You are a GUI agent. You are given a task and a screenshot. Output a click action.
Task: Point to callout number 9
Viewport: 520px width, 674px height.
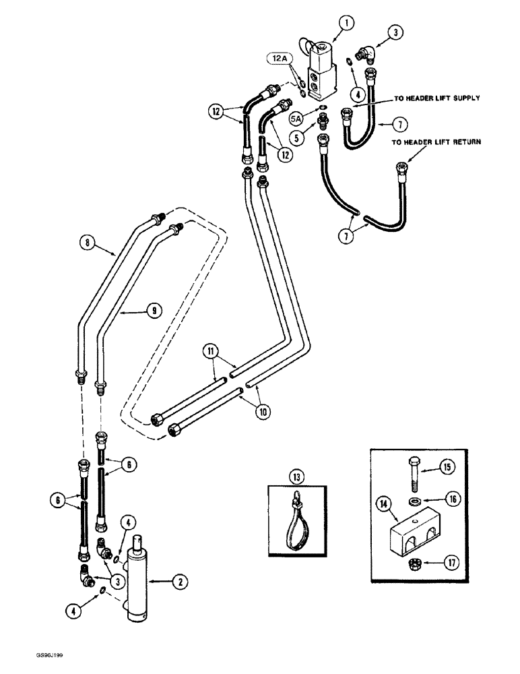(154, 310)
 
